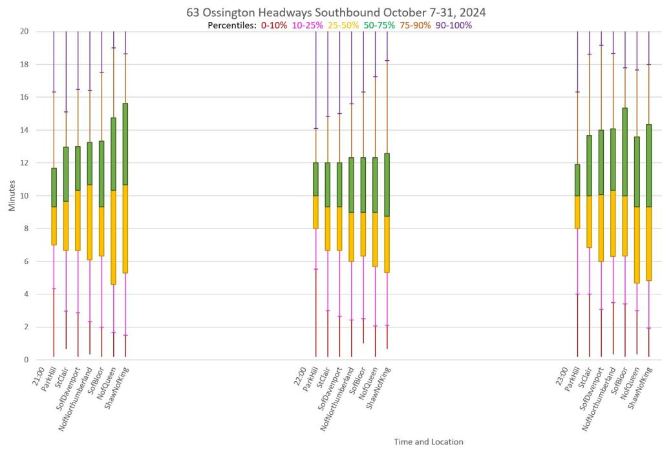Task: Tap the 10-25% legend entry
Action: pyautogui.click(x=307, y=25)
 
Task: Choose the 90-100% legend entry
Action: pyautogui.click(x=454, y=25)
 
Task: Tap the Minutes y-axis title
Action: pyautogui.click(x=12, y=195)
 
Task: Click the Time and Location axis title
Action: pyautogui.click(x=429, y=442)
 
